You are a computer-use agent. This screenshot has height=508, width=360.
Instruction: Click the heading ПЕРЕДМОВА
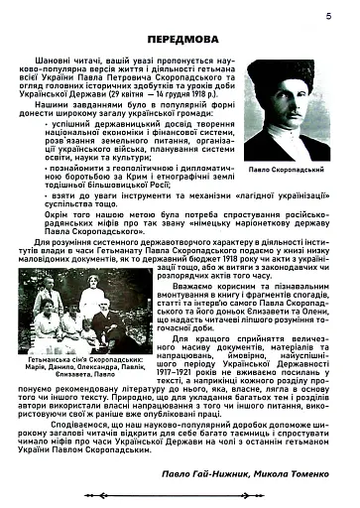coord(181,40)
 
